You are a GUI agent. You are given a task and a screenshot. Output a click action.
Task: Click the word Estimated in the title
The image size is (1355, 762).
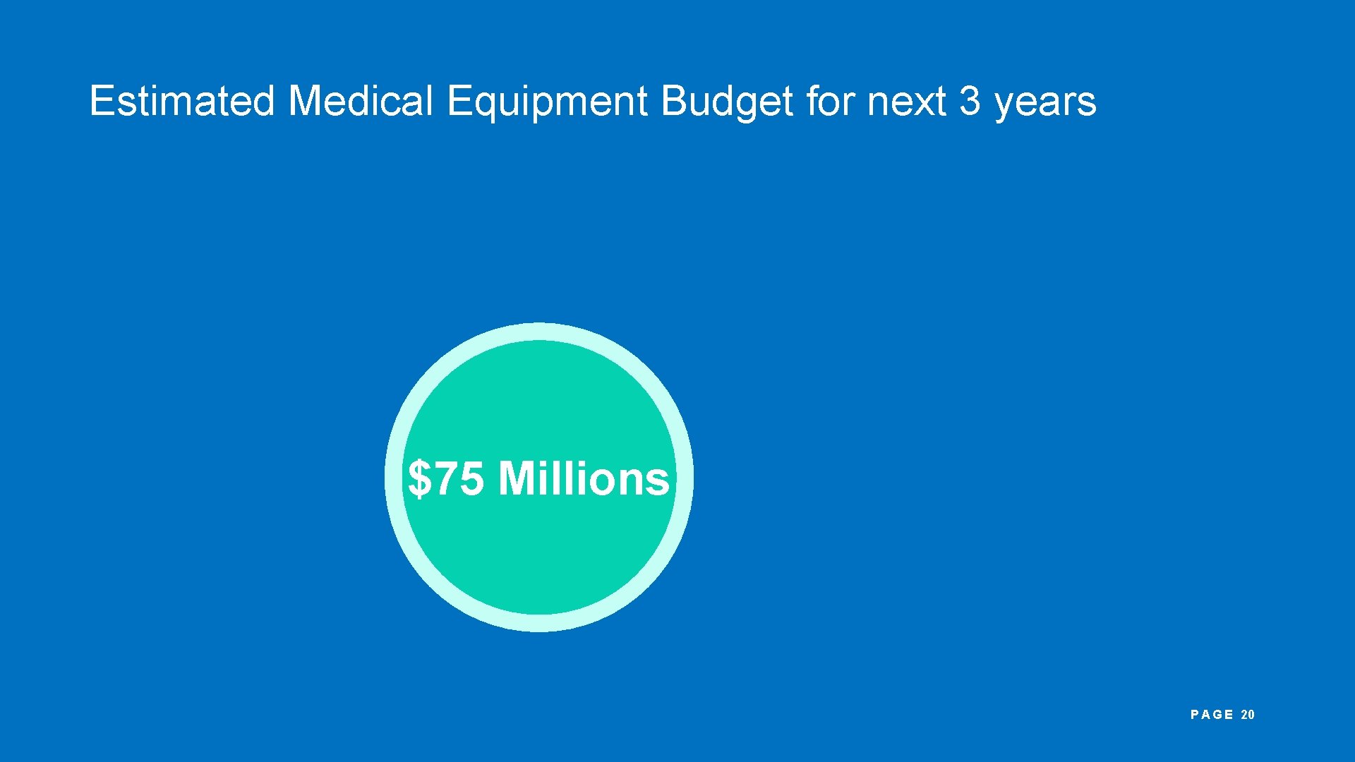pos(181,101)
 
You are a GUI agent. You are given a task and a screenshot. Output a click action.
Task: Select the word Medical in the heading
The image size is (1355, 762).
pos(360,101)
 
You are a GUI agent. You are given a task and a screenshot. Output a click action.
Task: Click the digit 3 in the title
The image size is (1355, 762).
pos(970,101)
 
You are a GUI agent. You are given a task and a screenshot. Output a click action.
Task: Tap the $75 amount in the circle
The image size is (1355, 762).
pos(446,479)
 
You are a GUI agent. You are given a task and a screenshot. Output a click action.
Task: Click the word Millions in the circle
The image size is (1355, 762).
pos(584,479)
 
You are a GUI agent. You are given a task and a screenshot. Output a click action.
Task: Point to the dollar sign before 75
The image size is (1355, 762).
pos(419,479)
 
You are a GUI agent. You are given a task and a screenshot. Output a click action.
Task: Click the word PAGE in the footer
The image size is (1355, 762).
pos(1212,715)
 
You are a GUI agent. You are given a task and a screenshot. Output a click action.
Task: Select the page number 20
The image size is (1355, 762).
pos(1248,715)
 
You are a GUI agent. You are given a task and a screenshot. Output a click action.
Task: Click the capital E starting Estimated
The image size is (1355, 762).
pos(101,101)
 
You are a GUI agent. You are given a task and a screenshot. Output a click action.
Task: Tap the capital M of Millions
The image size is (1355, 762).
pos(517,479)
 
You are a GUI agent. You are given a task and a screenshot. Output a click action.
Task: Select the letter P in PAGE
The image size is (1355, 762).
pos(1195,715)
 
